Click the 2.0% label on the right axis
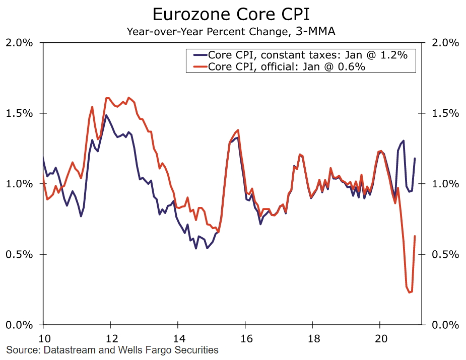445,43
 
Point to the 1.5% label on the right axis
445,113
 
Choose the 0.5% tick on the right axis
445,254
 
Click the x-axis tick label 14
177,338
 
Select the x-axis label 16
245,338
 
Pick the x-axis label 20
380,338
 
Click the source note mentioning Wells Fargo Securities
112,349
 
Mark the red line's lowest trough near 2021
409,292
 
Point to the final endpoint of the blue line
415,159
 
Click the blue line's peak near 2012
106,115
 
